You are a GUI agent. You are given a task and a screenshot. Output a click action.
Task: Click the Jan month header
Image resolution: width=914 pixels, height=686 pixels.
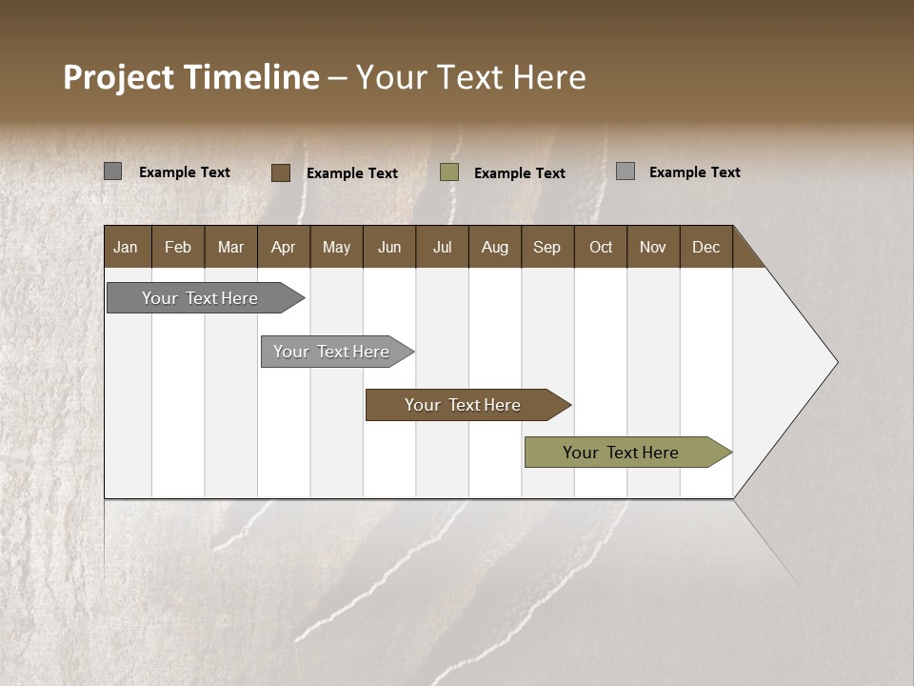(127, 247)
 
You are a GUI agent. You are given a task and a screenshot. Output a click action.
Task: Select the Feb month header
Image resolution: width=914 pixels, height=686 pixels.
(178, 247)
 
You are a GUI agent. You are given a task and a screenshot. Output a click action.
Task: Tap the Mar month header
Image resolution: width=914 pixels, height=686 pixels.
(230, 247)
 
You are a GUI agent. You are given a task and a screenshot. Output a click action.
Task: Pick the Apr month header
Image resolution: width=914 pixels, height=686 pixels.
(284, 247)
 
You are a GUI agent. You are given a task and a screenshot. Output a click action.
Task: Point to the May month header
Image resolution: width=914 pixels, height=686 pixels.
(336, 247)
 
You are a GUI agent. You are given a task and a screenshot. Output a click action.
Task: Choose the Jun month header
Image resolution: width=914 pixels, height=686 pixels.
(389, 247)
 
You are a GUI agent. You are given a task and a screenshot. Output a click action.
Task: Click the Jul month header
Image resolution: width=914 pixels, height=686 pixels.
(442, 247)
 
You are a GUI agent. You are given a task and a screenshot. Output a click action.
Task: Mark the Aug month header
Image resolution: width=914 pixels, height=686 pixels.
(495, 247)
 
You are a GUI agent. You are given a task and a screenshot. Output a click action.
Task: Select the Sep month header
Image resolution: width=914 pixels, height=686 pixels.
(547, 247)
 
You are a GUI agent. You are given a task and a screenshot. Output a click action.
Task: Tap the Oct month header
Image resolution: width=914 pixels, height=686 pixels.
(601, 247)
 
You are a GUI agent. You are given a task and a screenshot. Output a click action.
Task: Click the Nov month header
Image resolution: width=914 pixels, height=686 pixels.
(653, 247)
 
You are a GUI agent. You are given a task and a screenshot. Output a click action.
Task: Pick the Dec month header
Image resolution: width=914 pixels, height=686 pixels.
(706, 247)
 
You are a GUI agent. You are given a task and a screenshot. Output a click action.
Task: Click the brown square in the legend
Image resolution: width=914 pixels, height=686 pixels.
(281, 172)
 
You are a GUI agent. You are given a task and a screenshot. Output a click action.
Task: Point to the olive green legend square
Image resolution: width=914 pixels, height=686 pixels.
(449, 172)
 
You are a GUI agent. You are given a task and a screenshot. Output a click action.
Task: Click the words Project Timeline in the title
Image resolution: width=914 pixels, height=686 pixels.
(191, 77)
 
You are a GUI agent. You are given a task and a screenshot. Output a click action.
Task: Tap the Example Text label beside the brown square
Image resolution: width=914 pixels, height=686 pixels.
(352, 173)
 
